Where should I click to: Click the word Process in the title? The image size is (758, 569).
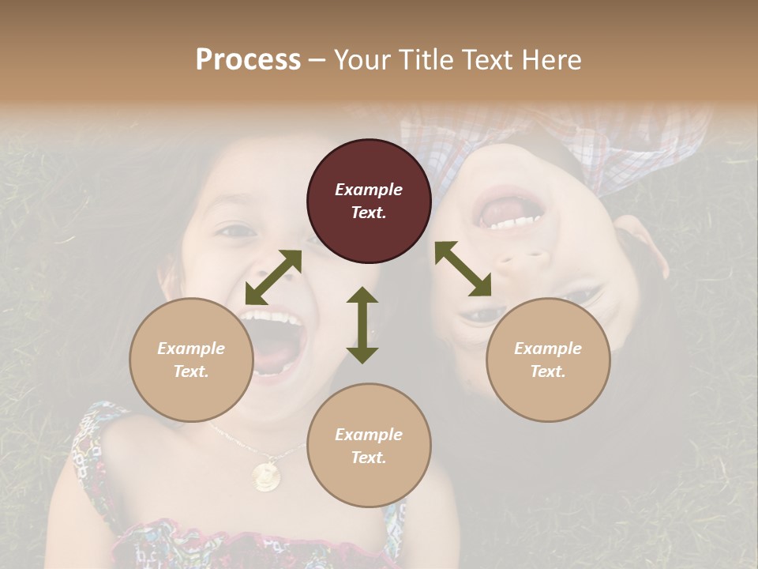pos(248,60)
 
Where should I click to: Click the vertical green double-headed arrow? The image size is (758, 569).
pos(362,325)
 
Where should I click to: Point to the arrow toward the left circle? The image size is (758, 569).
pos(273,277)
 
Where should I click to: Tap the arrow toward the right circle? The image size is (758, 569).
pos(463,269)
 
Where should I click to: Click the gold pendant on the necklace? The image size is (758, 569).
pos(265,476)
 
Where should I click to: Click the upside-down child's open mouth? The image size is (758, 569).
pos(509,207)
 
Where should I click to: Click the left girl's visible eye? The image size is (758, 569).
pos(235,232)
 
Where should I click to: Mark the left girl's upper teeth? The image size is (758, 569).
pos(272,318)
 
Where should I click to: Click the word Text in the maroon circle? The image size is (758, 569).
pos(369,213)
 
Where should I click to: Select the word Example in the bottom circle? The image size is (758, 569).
pos(369,435)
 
